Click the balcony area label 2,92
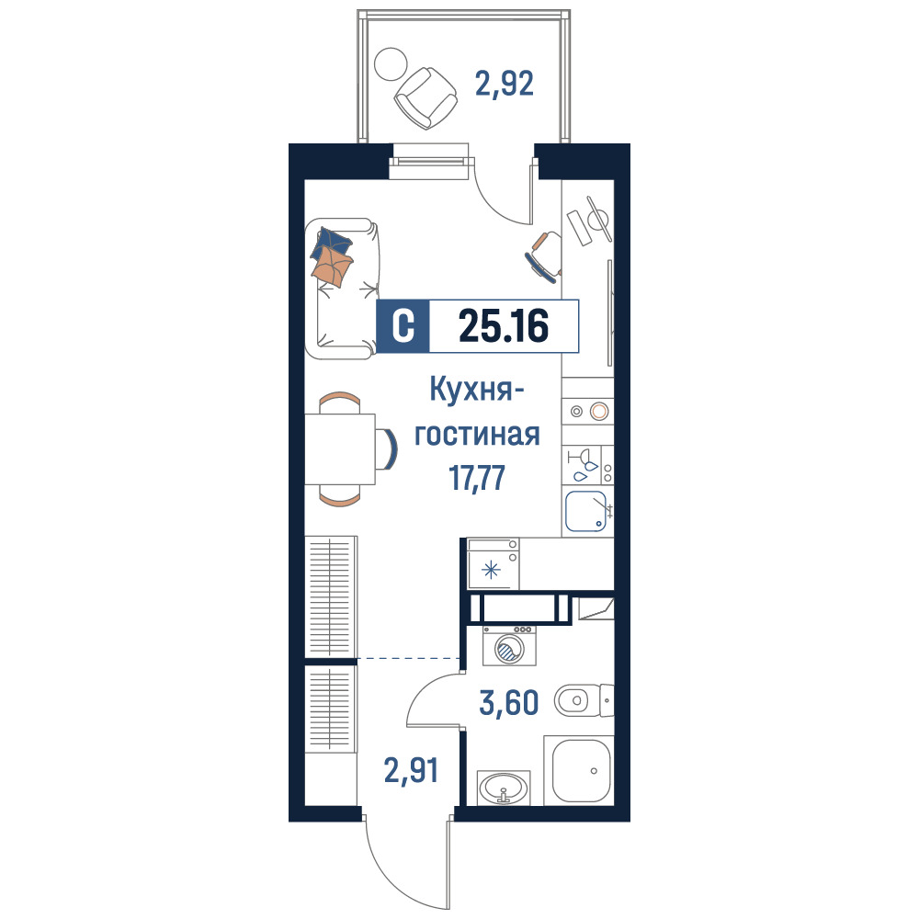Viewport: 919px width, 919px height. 504,85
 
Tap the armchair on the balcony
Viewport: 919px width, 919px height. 425,98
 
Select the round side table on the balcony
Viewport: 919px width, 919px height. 391,64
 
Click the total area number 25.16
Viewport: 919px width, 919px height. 504,326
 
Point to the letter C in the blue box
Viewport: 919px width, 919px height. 403,326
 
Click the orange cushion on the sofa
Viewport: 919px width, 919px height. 332,267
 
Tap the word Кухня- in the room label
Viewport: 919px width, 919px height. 476,389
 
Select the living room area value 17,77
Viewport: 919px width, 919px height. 476,478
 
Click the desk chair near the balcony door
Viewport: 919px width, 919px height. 545,256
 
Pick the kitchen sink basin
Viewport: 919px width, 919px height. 586,511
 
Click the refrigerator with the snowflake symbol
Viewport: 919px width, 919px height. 493,563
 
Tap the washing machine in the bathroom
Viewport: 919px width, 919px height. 509,645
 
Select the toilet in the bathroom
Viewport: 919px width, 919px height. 584,699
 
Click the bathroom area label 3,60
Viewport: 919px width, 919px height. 509,703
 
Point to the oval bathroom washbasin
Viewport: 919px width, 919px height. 504,788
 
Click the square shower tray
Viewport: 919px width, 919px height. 578,770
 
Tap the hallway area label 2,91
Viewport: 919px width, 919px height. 412,770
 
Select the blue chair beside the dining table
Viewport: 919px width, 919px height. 387,449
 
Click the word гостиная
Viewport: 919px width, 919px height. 476,435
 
